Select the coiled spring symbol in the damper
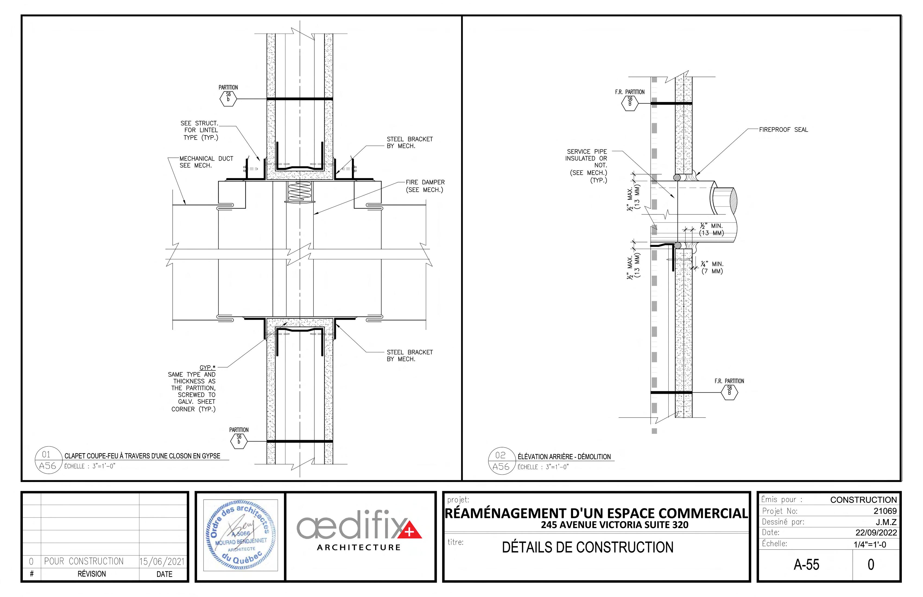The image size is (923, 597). [x=300, y=192]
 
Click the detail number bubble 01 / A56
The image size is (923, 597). [x=49, y=460]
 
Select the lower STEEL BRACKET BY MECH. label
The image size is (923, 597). [x=410, y=356]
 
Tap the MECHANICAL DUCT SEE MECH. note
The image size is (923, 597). [x=206, y=162]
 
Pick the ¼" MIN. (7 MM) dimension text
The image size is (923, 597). [x=712, y=268]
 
